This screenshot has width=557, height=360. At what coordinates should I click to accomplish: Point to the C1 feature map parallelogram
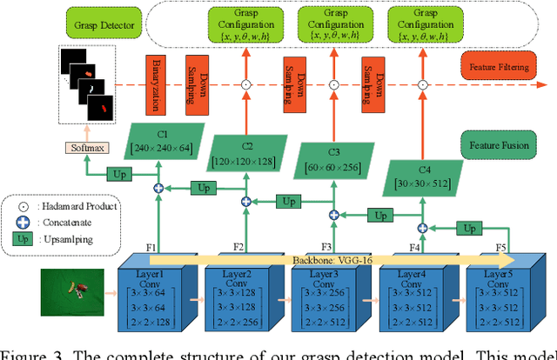click(161, 141)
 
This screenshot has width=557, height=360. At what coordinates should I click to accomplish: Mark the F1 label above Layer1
click(151, 248)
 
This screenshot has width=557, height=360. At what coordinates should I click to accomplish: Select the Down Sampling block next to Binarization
click(197, 84)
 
